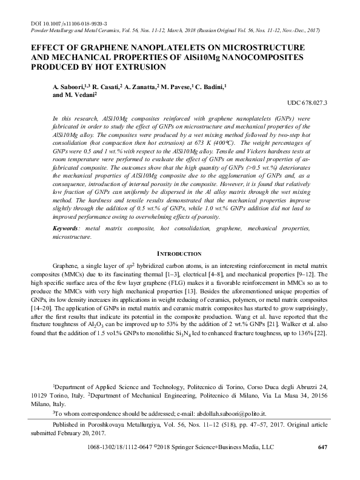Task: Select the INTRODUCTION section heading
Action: pyautogui.click(x=179, y=253)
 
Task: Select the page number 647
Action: pyautogui.click(x=322, y=447)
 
